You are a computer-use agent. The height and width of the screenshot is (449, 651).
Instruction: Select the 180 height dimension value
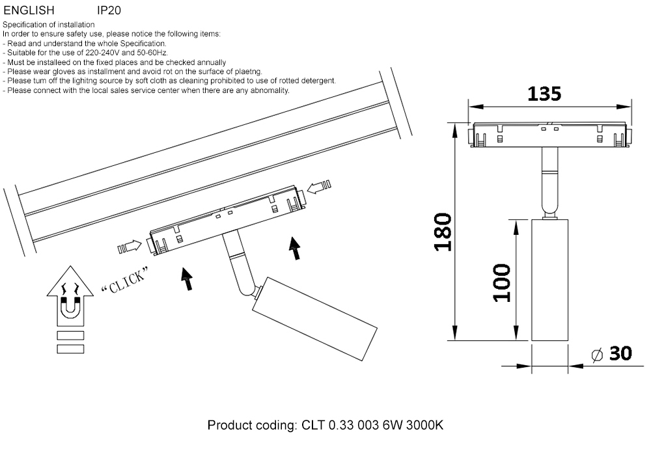click(442, 232)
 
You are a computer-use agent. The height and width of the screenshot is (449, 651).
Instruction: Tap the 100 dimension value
click(501, 282)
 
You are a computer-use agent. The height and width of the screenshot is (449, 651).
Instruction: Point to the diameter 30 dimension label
click(611, 354)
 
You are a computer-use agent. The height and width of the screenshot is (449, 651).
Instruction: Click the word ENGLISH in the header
click(29, 11)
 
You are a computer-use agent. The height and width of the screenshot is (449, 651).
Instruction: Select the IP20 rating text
click(109, 11)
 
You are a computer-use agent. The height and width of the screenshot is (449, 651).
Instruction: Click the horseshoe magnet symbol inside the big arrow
click(70, 308)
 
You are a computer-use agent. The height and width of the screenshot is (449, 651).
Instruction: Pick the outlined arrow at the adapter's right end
click(320, 188)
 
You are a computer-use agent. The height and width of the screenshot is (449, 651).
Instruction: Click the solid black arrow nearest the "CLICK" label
click(187, 278)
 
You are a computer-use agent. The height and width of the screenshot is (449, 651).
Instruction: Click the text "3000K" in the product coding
click(424, 426)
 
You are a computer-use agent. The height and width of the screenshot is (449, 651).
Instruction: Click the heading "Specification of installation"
click(49, 25)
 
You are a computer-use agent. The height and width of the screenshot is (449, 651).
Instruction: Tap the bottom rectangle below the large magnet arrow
click(70, 349)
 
